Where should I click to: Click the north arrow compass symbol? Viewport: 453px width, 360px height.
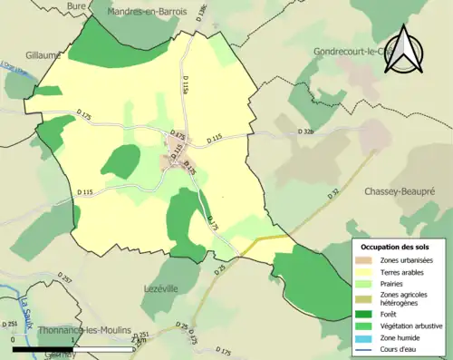tap(409, 49)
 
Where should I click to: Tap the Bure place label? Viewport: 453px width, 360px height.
tap(77, 5)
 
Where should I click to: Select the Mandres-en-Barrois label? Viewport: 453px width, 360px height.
tap(147, 12)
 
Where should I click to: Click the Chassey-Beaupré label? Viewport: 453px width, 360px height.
tap(400, 192)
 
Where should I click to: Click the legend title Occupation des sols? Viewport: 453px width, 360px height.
tap(397, 247)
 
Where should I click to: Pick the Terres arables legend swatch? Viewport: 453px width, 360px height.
tap(366, 271)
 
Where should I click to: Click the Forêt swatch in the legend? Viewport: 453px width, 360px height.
tap(366, 314)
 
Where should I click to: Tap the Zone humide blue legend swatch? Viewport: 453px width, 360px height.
tap(366, 337)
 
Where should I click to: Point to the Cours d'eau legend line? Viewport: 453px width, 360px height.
tap(366, 349)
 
